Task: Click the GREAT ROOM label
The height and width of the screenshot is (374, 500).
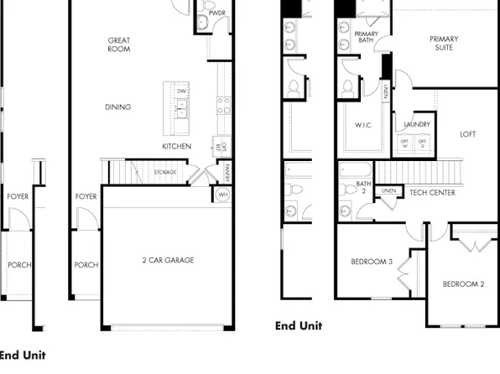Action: [118, 44]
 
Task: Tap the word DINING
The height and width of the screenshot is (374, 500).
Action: [117, 106]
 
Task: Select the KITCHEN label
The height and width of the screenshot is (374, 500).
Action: [176, 146]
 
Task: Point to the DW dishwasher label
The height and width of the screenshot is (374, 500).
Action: [181, 91]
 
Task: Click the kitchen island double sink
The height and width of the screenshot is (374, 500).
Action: [181, 107]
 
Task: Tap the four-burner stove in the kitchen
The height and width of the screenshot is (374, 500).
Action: [224, 104]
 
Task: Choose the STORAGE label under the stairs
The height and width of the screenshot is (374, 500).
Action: [164, 172]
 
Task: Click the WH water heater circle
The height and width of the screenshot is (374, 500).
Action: [222, 195]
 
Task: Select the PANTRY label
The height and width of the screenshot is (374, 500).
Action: [227, 172]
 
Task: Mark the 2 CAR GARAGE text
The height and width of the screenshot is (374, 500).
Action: [168, 260]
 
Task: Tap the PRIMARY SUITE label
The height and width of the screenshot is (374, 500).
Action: [444, 43]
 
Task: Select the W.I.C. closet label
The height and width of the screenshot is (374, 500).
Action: [362, 125]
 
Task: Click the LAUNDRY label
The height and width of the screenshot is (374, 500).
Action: [417, 125]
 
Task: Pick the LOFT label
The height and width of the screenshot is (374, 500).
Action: [467, 134]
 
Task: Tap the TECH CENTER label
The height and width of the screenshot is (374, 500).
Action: [432, 193]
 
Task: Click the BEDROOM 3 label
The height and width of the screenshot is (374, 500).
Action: [372, 262]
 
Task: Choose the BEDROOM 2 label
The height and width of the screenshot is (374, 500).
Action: [463, 284]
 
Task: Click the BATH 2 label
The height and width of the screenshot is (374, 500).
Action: [363, 188]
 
